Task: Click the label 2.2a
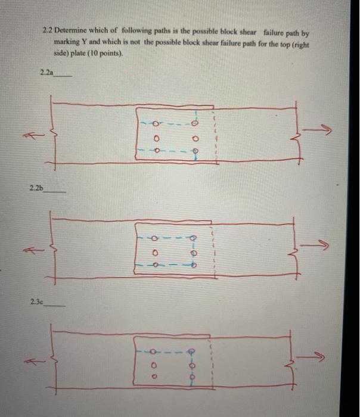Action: pyautogui.click(x=45, y=73)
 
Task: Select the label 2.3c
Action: pyautogui.click(x=36, y=302)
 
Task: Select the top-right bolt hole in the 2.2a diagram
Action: pyautogui.click(x=194, y=125)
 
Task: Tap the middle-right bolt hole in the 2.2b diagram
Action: pyautogui.click(x=193, y=251)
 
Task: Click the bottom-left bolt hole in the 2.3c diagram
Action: pyautogui.click(x=154, y=377)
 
